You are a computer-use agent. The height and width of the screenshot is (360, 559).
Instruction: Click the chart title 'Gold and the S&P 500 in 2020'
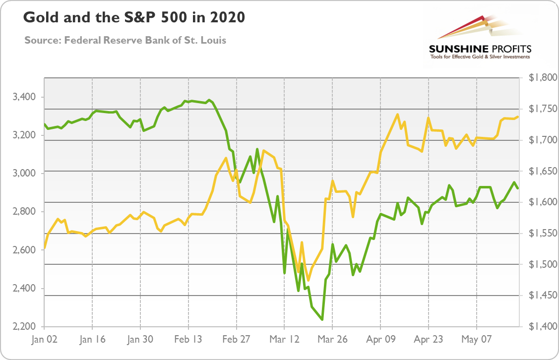(134, 18)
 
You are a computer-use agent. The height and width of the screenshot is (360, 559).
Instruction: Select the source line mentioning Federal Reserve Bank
(125, 40)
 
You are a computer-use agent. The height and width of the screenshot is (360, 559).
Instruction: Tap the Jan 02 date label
(44, 340)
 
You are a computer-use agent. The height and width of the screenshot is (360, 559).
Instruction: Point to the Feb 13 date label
(188, 340)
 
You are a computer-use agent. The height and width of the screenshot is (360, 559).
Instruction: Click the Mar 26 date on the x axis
(332, 340)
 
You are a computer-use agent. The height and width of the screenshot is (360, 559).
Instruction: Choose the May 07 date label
(476, 340)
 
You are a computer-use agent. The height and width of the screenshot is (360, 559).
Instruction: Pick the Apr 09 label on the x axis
(380, 340)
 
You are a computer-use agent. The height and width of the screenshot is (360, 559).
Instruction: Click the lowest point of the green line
(322, 319)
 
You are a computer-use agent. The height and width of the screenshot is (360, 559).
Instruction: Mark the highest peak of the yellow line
(398, 115)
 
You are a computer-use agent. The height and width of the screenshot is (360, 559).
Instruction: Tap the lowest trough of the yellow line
(308, 281)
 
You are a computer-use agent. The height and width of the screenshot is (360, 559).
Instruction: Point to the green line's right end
(518, 188)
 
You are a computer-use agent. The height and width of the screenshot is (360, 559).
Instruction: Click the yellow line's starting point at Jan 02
(45, 247)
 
